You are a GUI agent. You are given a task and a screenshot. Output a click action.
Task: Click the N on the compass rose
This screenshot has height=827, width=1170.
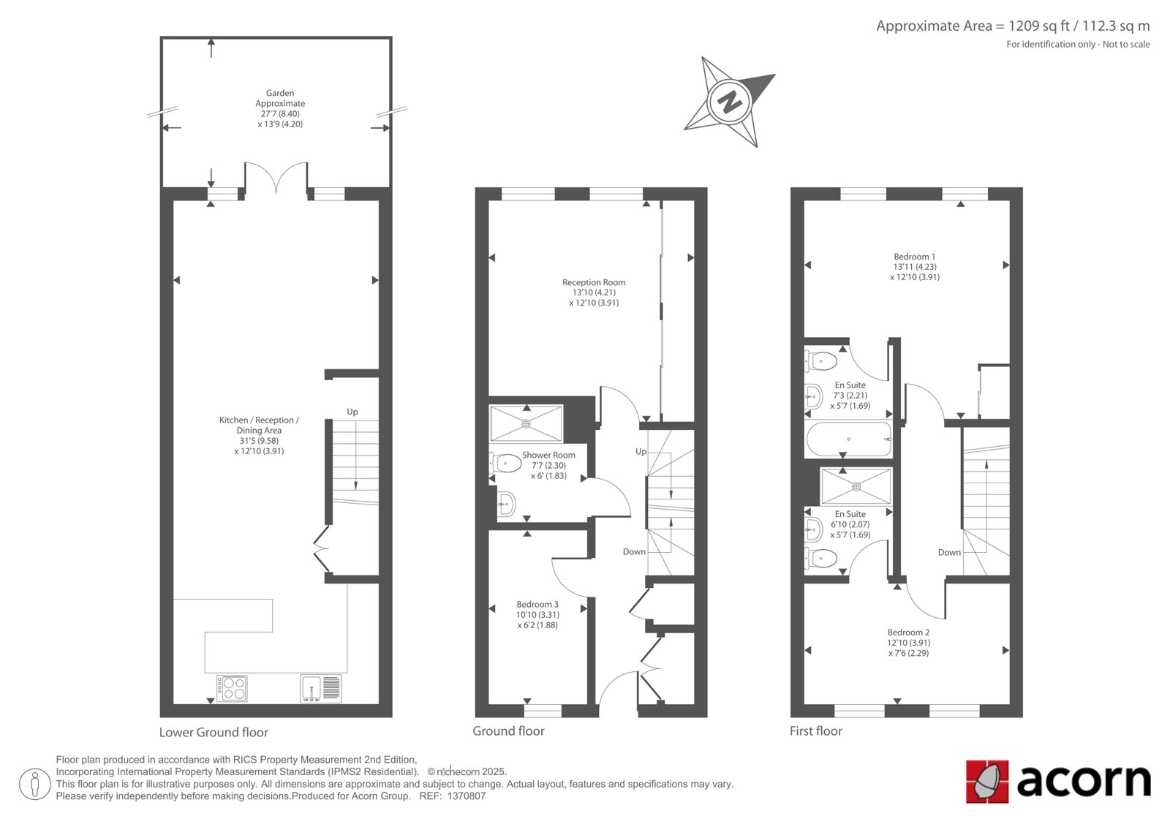click(x=730, y=102)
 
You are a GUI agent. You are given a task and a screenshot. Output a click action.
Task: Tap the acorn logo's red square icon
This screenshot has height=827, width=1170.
click(x=987, y=781)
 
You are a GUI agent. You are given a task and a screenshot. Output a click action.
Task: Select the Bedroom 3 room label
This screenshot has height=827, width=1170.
click(x=537, y=604)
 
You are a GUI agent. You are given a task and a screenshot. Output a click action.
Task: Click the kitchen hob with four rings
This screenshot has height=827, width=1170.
click(x=232, y=688)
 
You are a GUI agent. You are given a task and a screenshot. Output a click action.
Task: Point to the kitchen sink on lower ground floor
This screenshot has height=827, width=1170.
click(x=321, y=688)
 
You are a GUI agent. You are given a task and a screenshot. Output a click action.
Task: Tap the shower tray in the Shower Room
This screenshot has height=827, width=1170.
click(x=526, y=423)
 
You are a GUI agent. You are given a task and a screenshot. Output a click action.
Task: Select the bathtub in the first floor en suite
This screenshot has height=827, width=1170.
click(x=848, y=439)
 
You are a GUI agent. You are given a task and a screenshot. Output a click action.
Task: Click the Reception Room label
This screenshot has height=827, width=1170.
click(x=594, y=282)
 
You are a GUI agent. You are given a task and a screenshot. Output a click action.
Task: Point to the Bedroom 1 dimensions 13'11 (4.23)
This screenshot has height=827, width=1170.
click(x=915, y=266)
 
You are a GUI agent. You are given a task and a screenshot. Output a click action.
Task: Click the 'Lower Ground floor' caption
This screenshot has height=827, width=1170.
click(x=214, y=733)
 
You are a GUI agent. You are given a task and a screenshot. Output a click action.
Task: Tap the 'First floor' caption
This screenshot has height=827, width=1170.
click(x=816, y=731)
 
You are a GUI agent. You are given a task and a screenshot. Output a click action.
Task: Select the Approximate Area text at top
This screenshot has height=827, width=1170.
click(x=1013, y=26)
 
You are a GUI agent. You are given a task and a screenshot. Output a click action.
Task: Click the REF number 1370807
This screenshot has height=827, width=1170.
click(x=467, y=796)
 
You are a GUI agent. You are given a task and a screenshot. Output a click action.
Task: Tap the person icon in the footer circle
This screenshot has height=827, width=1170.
click(x=34, y=784)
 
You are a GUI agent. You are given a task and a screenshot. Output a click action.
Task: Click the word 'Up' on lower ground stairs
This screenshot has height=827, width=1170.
click(x=352, y=412)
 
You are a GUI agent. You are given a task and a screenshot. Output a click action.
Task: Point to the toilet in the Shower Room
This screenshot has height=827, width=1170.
click(x=505, y=463)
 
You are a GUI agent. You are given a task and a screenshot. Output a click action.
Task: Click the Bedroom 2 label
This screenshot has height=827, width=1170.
click(x=908, y=632)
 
